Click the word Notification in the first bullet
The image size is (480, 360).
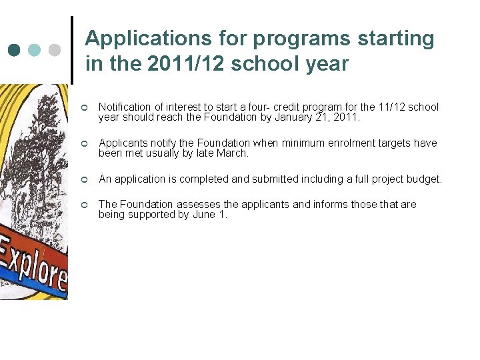click(124, 107)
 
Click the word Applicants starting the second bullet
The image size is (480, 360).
click(122, 143)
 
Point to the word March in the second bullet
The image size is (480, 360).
click(235, 153)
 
